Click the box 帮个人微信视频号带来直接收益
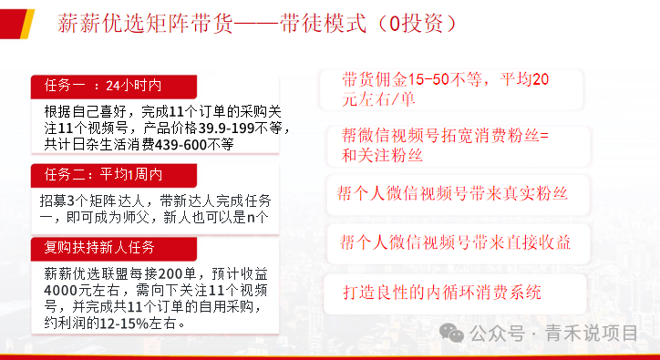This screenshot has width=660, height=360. click(x=455, y=242)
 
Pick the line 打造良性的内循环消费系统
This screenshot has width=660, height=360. click(x=442, y=293)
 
